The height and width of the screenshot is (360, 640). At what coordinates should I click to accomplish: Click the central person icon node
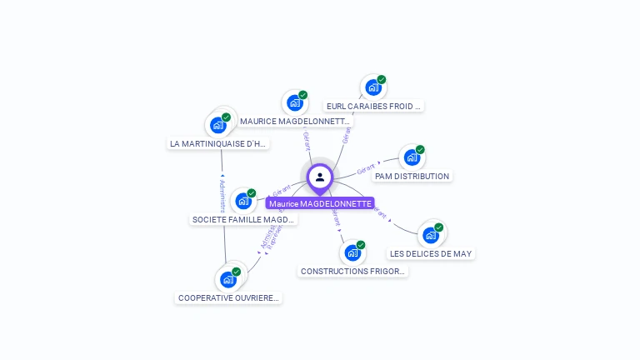tap(320, 177)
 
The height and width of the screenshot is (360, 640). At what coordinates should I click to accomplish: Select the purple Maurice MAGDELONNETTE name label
tap(320, 203)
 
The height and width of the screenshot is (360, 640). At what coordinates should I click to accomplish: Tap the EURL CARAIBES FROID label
tap(374, 106)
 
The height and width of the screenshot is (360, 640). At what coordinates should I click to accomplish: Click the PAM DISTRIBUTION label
tap(412, 176)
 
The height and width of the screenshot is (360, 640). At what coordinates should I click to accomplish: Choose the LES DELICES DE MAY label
tap(431, 253)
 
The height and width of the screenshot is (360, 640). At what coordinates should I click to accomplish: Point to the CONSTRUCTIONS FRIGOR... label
tap(352, 271)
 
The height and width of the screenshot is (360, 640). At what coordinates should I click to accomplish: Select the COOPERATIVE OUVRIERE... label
tap(228, 297)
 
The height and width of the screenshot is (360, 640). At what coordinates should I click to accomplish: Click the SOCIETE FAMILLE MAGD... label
tap(243, 219)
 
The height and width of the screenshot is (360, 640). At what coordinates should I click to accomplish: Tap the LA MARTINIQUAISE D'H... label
tap(218, 143)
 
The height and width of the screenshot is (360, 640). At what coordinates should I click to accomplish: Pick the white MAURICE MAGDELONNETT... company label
tap(295, 121)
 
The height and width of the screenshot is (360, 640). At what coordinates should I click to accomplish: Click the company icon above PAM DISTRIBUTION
tap(412, 157)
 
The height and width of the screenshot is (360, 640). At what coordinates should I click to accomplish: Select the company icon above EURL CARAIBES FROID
tap(372, 87)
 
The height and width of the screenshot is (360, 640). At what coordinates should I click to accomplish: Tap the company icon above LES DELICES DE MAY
tap(430, 234)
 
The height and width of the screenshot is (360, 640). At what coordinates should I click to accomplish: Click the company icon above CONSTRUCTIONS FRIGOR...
tap(352, 252)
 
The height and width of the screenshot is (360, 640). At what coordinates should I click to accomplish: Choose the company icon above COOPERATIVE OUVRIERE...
tap(227, 279)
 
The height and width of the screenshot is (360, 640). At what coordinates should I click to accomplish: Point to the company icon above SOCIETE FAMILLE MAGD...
tap(242, 200)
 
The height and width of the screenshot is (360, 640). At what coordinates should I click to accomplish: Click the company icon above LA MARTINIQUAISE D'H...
tap(217, 125)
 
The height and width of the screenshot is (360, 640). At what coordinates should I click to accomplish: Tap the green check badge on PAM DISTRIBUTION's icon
tap(420, 150)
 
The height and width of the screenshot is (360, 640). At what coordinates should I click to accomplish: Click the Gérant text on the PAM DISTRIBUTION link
tap(365, 169)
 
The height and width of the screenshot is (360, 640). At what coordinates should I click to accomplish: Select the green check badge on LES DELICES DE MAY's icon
tap(438, 227)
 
